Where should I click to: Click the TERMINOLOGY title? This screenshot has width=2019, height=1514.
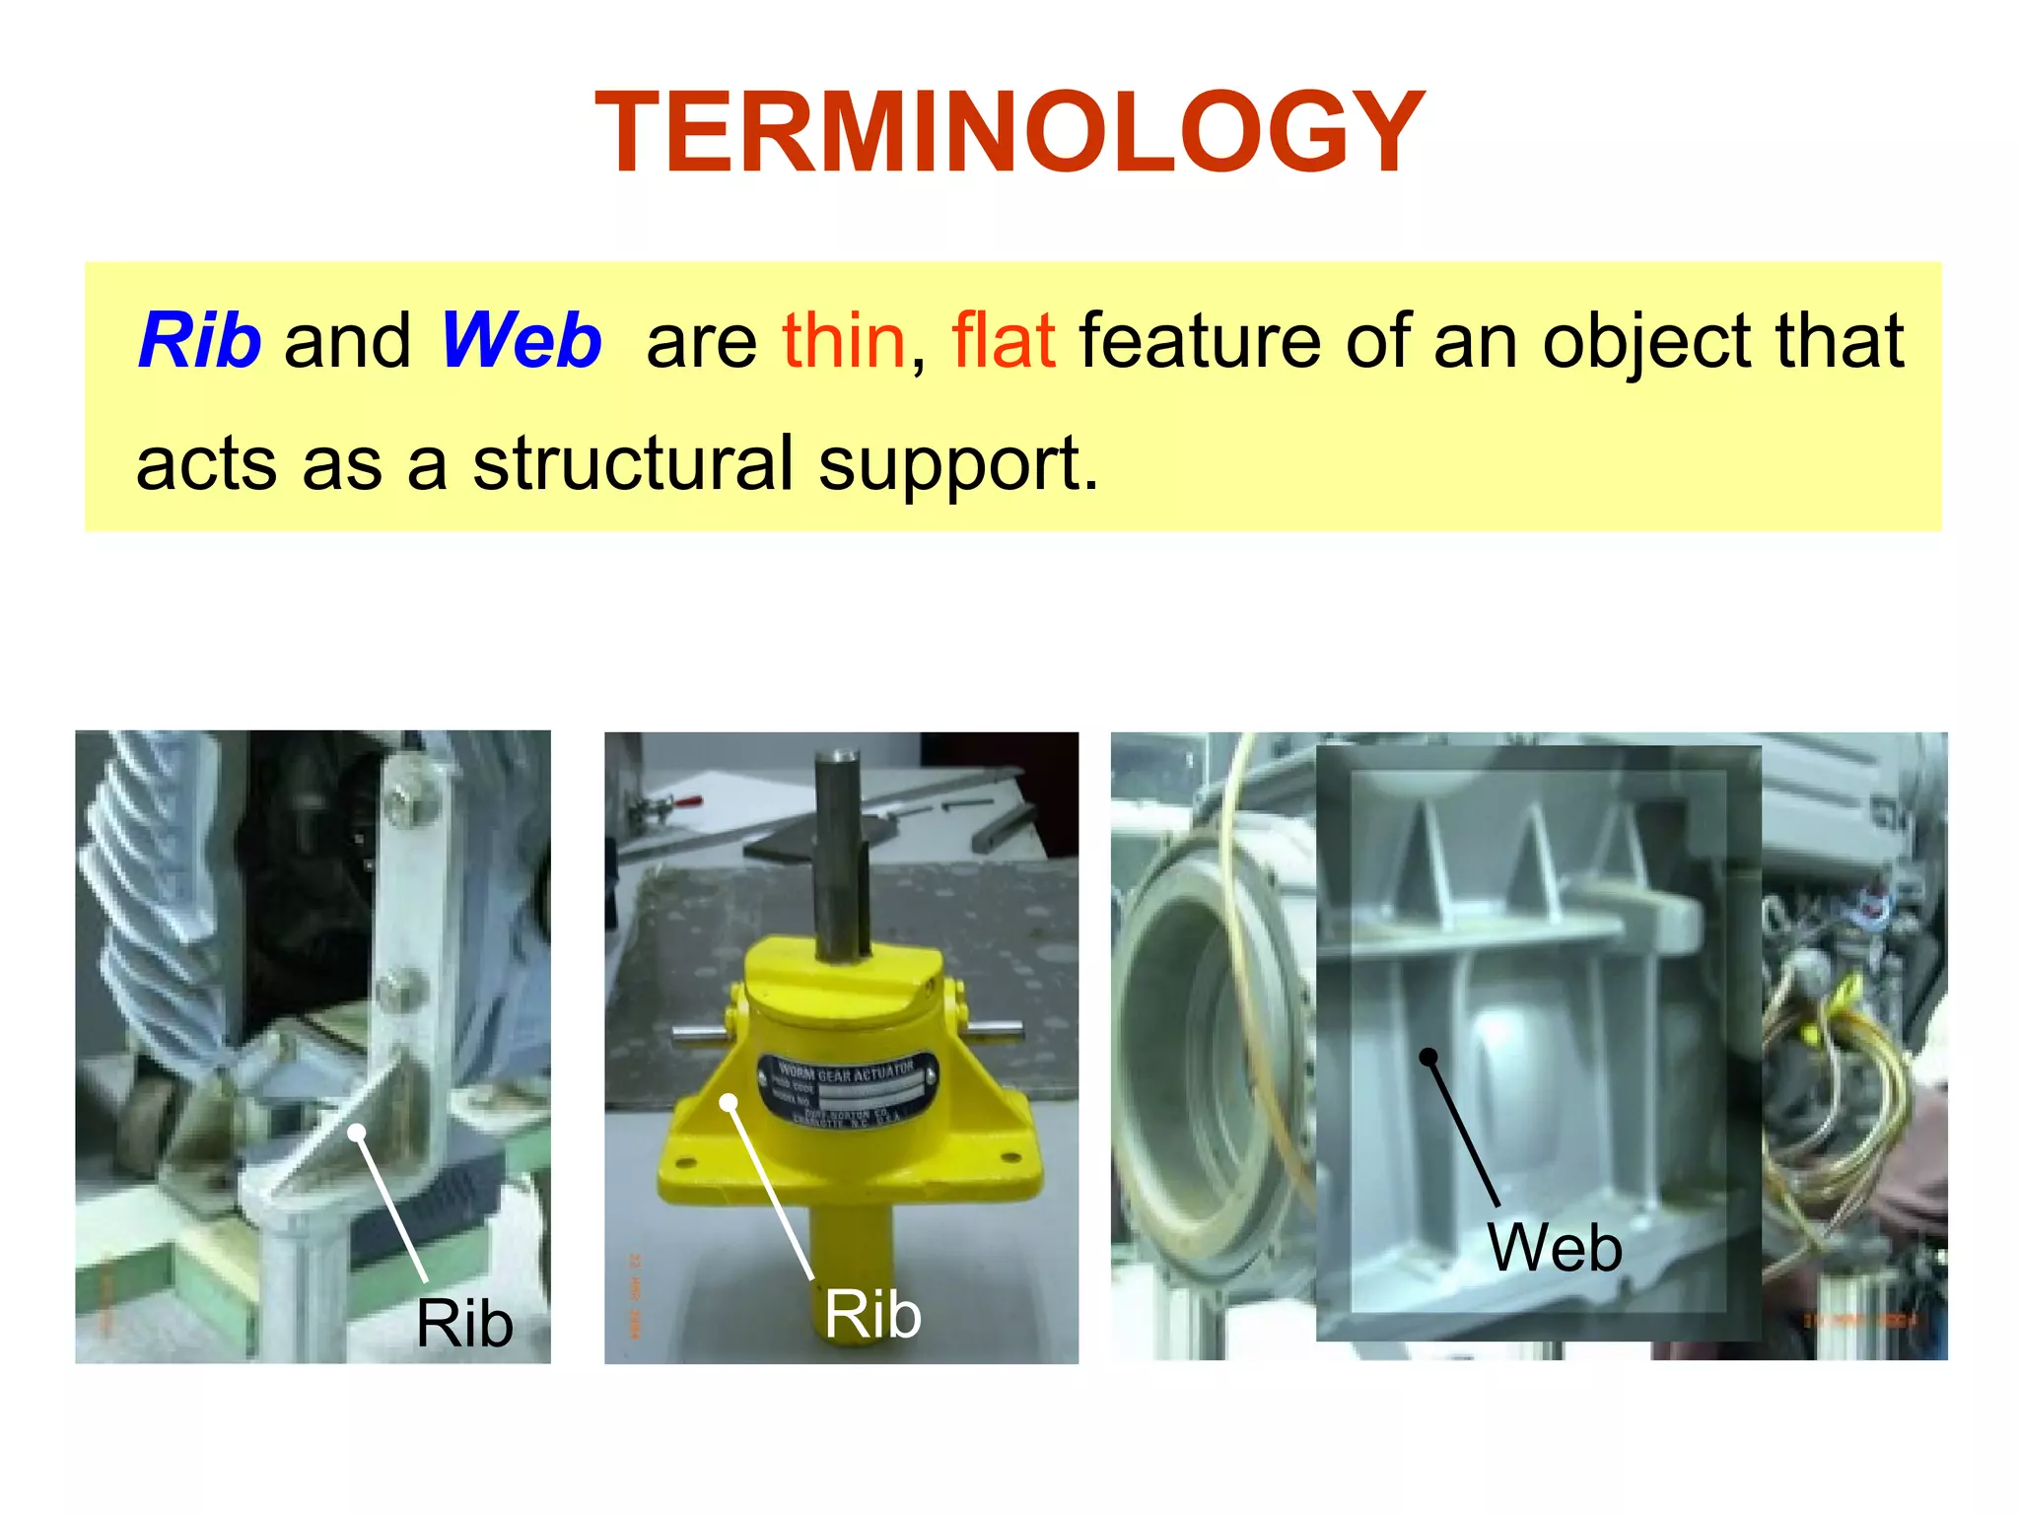click(x=1009, y=133)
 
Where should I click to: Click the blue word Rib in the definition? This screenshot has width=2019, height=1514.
click(x=200, y=341)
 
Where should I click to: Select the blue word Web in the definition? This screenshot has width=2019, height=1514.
click(x=521, y=341)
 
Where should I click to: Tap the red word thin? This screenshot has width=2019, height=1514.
click(x=844, y=341)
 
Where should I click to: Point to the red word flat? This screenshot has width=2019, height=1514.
click(x=1004, y=341)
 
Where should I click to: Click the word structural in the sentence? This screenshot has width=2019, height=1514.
click(x=633, y=463)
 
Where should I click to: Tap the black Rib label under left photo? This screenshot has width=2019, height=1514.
click(x=464, y=1323)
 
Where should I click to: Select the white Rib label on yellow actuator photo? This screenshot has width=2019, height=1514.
click(x=872, y=1314)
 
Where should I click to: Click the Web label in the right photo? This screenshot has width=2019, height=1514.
click(x=1555, y=1247)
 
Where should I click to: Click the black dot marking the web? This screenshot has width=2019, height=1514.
click(x=1427, y=1057)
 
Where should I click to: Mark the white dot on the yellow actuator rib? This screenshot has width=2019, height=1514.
click(x=729, y=1102)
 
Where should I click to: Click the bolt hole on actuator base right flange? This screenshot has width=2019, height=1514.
click(x=1008, y=1155)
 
